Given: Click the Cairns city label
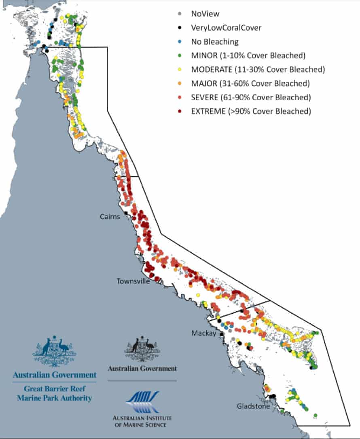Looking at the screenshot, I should pyautogui.click(x=110, y=217).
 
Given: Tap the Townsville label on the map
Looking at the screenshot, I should pyautogui.click(x=133, y=281).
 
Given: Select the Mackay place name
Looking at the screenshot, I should pyautogui.click(x=204, y=333).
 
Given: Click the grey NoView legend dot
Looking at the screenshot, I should pyautogui.click(x=179, y=14).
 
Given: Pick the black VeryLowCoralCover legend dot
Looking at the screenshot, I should pyautogui.click(x=179, y=28).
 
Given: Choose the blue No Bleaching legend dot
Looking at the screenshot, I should pyautogui.click(x=179, y=42).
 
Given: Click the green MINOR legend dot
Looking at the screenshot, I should pyautogui.click(x=179, y=55).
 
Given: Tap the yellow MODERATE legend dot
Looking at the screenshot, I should pyautogui.click(x=179, y=70).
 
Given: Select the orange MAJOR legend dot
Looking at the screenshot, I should pyautogui.click(x=179, y=84).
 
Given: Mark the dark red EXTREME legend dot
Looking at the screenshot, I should pyautogui.click(x=179, y=111).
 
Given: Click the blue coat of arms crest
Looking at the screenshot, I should pyautogui.click(x=54, y=350).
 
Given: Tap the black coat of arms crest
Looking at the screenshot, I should pyautogui.click(x=142, y=349).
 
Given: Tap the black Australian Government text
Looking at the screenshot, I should pyautogui.click(x=142, y=369).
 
